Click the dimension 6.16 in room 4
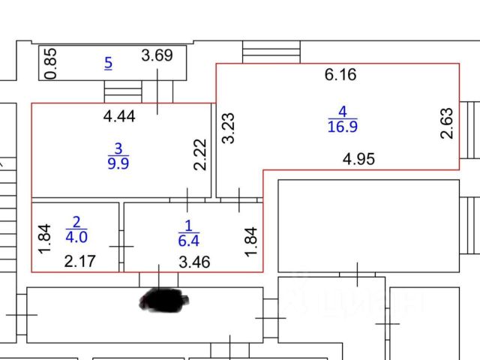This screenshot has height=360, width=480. (340, 74)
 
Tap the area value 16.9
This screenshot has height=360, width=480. (342, 127)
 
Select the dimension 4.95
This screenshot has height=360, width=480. (358, 159)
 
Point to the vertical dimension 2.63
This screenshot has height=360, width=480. (447, 124)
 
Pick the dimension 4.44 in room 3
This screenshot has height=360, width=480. (118, 115)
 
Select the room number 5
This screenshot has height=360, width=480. (108, 64)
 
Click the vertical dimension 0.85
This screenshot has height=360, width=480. (50, 64)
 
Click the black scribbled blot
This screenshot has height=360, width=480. (164, 301)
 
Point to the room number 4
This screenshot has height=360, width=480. (342, 112)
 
